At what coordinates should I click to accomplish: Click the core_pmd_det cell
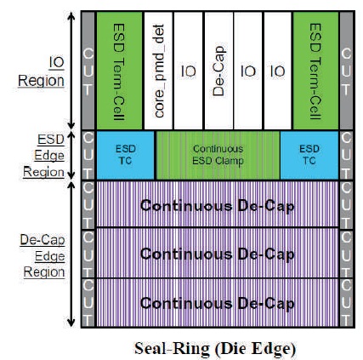pos(158,71)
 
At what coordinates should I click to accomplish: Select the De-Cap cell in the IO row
pos(218,71)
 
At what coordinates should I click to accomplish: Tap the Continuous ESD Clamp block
pos(218,155)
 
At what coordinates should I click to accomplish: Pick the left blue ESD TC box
pos(126,155)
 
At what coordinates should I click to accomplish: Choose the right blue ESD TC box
pos(309,155)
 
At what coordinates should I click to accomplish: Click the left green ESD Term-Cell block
pos(119,71)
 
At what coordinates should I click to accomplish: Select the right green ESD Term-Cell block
pos(315,71)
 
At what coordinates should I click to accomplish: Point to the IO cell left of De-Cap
pos(189,71)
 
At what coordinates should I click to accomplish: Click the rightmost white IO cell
pos(278,71)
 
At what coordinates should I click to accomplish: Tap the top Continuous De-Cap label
pos(218,206)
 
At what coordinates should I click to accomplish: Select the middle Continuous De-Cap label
pos(218,254)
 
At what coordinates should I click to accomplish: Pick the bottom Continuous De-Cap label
pos(218,304)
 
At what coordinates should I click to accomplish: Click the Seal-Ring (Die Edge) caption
pos(215,348)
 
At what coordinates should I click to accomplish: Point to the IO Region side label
pos(42,71)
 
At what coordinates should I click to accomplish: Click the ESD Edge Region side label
pos(44,156)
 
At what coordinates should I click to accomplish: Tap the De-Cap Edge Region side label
pos(43,256)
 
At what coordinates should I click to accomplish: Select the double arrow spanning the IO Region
pos(71,71)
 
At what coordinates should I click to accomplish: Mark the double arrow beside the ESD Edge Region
pos(71,155)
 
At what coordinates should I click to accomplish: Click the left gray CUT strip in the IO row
pos(88,71)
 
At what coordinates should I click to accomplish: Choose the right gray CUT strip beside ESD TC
pos(347,155)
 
